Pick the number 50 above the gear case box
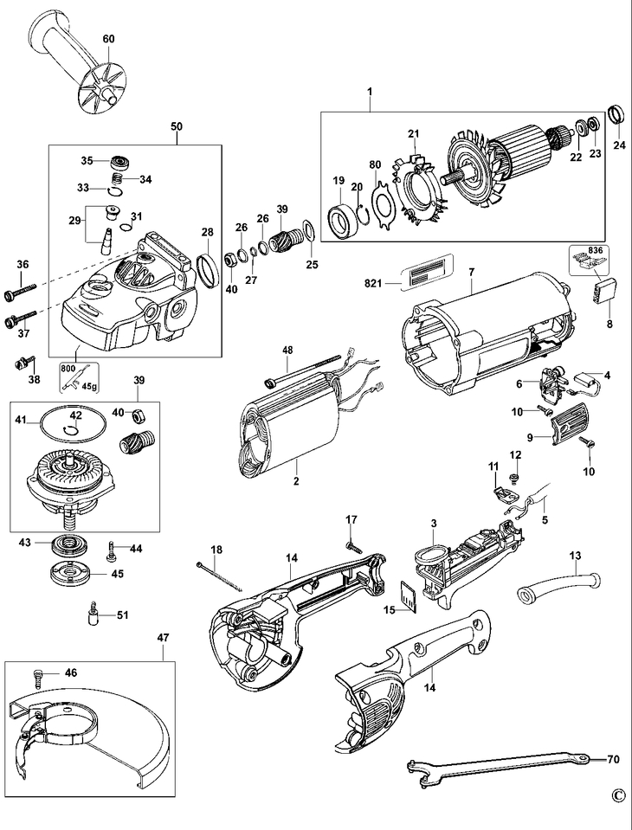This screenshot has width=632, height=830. [x=176, y=126]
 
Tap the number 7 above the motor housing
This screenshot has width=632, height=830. [x=471, y=273]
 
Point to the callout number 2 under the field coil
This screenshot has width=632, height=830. [x=295, y=481]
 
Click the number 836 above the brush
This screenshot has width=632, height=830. [x=596, y=252]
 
